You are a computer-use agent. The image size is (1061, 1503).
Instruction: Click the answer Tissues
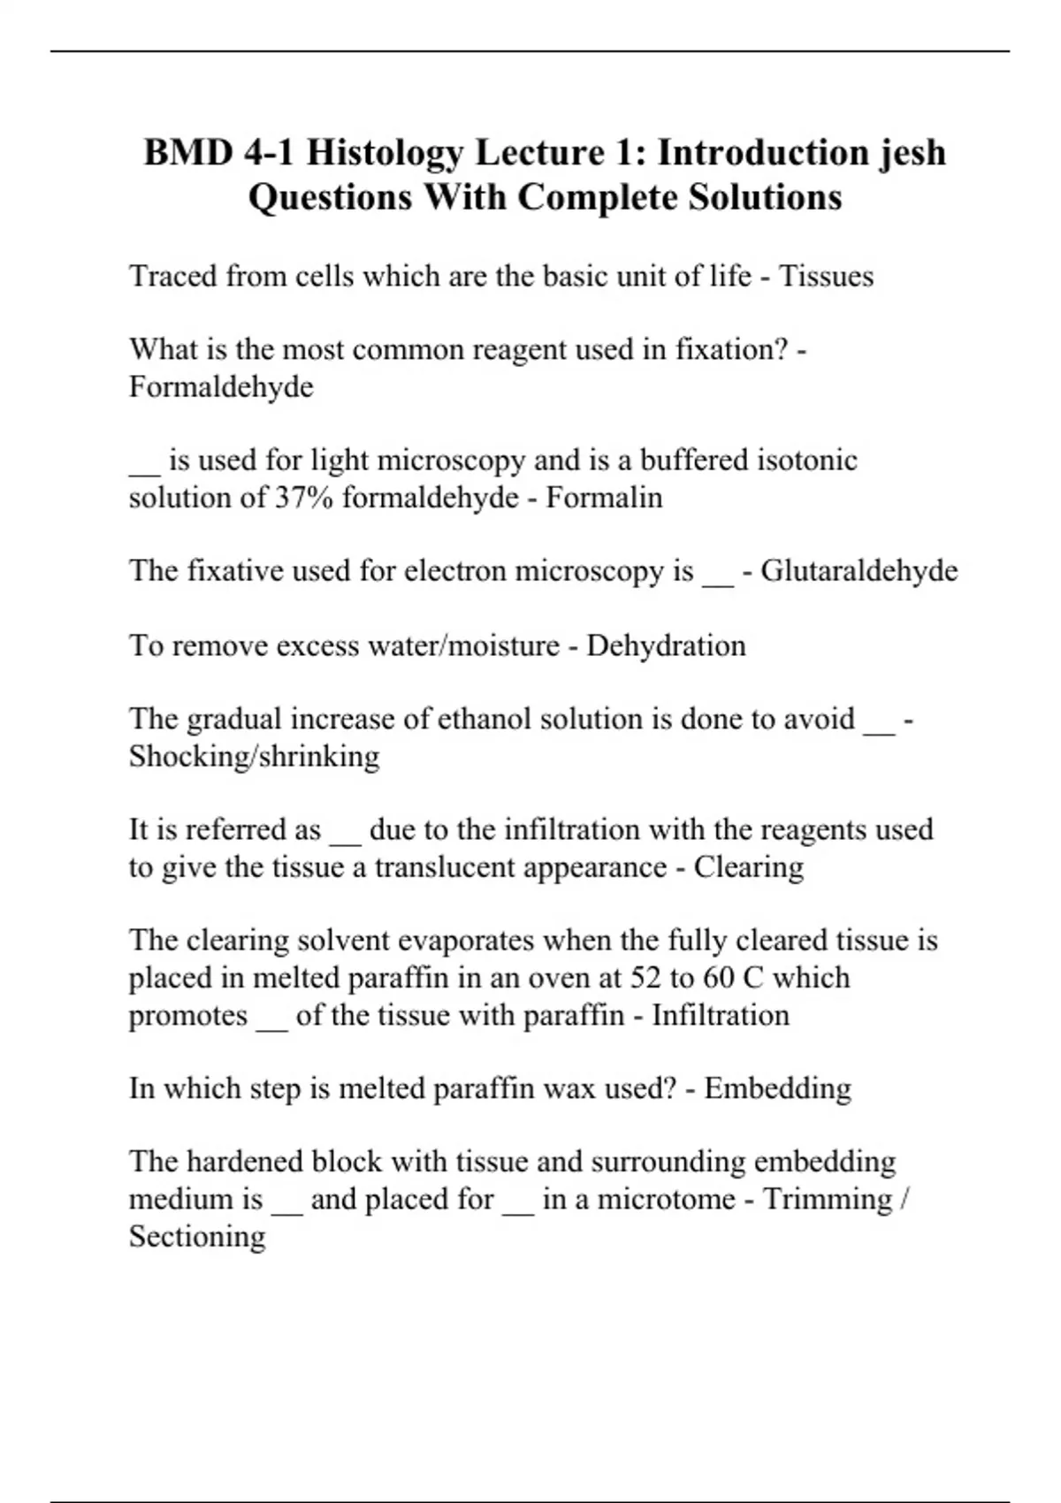click(826, 277)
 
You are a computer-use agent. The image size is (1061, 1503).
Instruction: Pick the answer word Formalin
click(604, 498)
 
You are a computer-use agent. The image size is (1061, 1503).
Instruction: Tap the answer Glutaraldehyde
click(859, 571)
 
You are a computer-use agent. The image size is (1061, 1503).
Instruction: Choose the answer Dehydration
click(666, 646)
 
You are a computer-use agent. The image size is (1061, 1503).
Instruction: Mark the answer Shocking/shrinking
click(254, 757)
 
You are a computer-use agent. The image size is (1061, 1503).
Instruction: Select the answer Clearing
click(748, 867)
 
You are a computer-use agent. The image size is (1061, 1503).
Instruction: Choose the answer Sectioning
click(197, 1236)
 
